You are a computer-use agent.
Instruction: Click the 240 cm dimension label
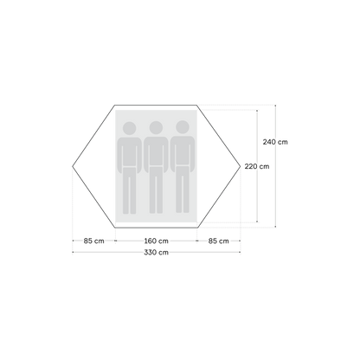[275, 142]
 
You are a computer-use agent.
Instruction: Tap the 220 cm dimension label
[257, 166]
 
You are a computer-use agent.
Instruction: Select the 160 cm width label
[156, 241]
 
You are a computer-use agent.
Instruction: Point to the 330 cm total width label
[156, 253]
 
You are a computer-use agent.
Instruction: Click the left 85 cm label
[94, 241]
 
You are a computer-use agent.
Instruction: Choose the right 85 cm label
[219, 241]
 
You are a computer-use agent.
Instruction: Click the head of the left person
[129, 128]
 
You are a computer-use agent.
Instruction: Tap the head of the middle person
[156, 128]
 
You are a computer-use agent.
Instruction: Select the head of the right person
[183, 127]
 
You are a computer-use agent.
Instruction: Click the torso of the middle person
[156, 151]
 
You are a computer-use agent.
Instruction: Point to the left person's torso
[129, 152]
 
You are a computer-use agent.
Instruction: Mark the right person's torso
[183, 151]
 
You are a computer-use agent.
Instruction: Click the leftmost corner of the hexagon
[73, 166]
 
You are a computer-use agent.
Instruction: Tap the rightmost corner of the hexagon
[241, 166]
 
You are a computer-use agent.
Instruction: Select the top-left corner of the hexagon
[115, 106]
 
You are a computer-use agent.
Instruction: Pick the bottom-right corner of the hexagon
[197, 228]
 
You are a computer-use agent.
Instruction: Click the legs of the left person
[129, 191]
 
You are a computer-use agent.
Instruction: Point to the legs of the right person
[183, 190]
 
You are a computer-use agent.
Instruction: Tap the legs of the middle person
[156, 190]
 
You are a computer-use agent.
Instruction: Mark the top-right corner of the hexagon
[197, 106]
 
